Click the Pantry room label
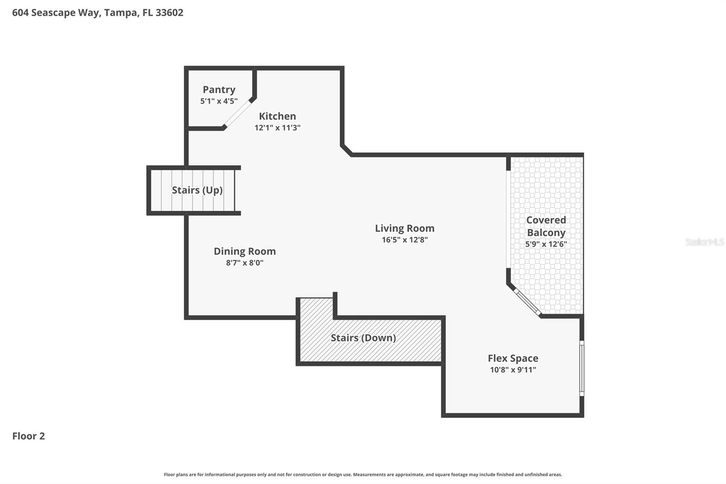pyautogui.click(x=219, y=89)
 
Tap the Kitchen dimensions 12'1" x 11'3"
pyautogui.click(x=277, y=128)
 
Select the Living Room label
pyautogui.click(x=405, y=228)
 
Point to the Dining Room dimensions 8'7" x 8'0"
pyautogui.click(x=245, y=262)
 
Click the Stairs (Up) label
pyautogui.click(x=197, y=190)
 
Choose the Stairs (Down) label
pyautogui.click(x=363, y=338)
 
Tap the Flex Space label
pyautogui.click(x=513, y=358)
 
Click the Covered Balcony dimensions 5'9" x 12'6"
pyautogui.click(x=546, y=244)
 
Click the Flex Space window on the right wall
pyautogui.click(x=582, y=368)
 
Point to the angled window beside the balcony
pyautogui.click(x=527, y=302)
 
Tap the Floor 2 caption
pyautogui.click(x=29, y=436)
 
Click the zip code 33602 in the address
pyautogui.click(x=170, y=13)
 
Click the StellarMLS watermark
pyautogui.click(x=705, y=242)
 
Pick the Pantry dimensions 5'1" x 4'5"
pyautogui.click(x=219, y=101)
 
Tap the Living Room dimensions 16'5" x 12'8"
pyautogui.click(x=405, y=240)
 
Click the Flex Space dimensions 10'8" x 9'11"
pyautogui.click(x=513, y=370)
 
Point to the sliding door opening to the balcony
pyautogui.click(x=508, y=219)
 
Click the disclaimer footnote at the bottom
pyautogui.click(x=363, y=474)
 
